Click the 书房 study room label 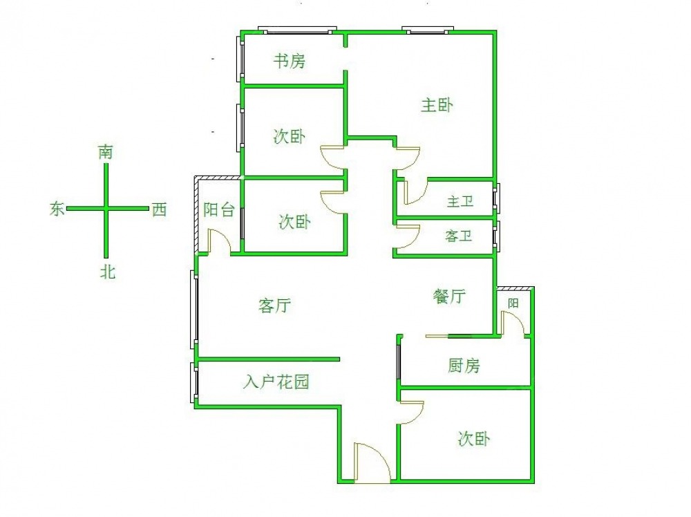(289, 61)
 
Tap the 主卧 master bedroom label (437, 105)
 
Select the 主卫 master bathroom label (460, 202)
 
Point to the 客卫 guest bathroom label (459, 236)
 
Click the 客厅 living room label (274, 305)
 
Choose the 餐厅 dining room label (450, 297)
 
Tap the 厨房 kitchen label (464, 366)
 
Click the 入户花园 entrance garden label (276, 382)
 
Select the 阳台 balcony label (219, 209)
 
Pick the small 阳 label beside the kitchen (513, 303)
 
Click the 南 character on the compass (106, 152)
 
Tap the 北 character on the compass (108, 271)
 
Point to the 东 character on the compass (57, 209)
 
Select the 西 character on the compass (159, 209)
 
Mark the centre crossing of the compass (106, 209)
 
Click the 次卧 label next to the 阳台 (294, 222)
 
